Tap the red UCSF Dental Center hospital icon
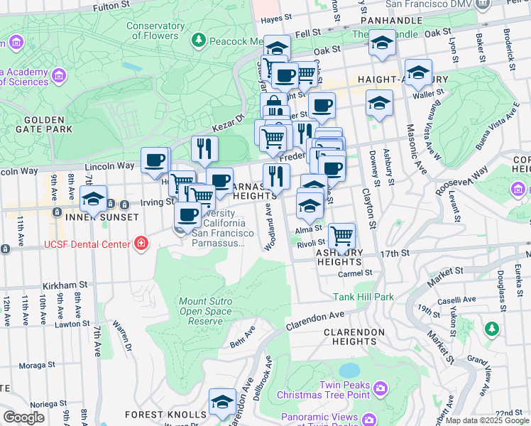(x=141, y=244)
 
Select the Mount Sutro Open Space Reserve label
(x=205, y=311)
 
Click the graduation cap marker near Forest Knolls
(x=223, y=403)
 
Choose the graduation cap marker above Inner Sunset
(x=93, y=199)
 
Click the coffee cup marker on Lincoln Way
(x=155, y=160)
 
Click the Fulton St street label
(x=113, y=8)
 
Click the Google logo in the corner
(x=23, y=417)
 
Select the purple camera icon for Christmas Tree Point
(x=381, y=388)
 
